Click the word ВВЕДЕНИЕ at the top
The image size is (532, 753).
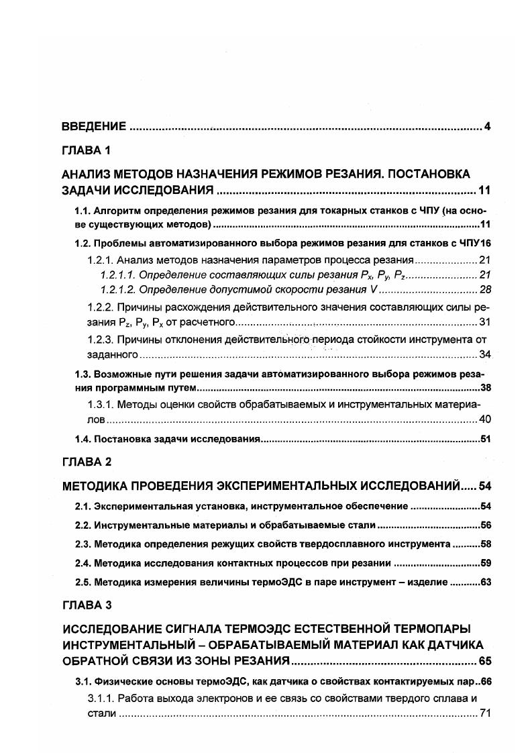[x=94, y=126]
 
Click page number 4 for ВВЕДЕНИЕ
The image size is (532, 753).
[x=488, y=126]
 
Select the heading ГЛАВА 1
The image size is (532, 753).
[x=86, y=150]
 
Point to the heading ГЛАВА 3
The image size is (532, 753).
[x=86, y=605]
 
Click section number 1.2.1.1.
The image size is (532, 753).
[x=121, y=275]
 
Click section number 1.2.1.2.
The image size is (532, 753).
[x=121, y=290]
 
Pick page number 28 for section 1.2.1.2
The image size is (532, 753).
[x=486, y=290]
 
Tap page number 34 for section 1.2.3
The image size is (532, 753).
[x=486, y=354]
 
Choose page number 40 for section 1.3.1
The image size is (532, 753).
[x=486, y=419]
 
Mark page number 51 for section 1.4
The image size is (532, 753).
[x=486, y=440]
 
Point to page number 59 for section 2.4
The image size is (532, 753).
[x=486, y=562]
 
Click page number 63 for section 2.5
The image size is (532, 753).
[x=486, y=582]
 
